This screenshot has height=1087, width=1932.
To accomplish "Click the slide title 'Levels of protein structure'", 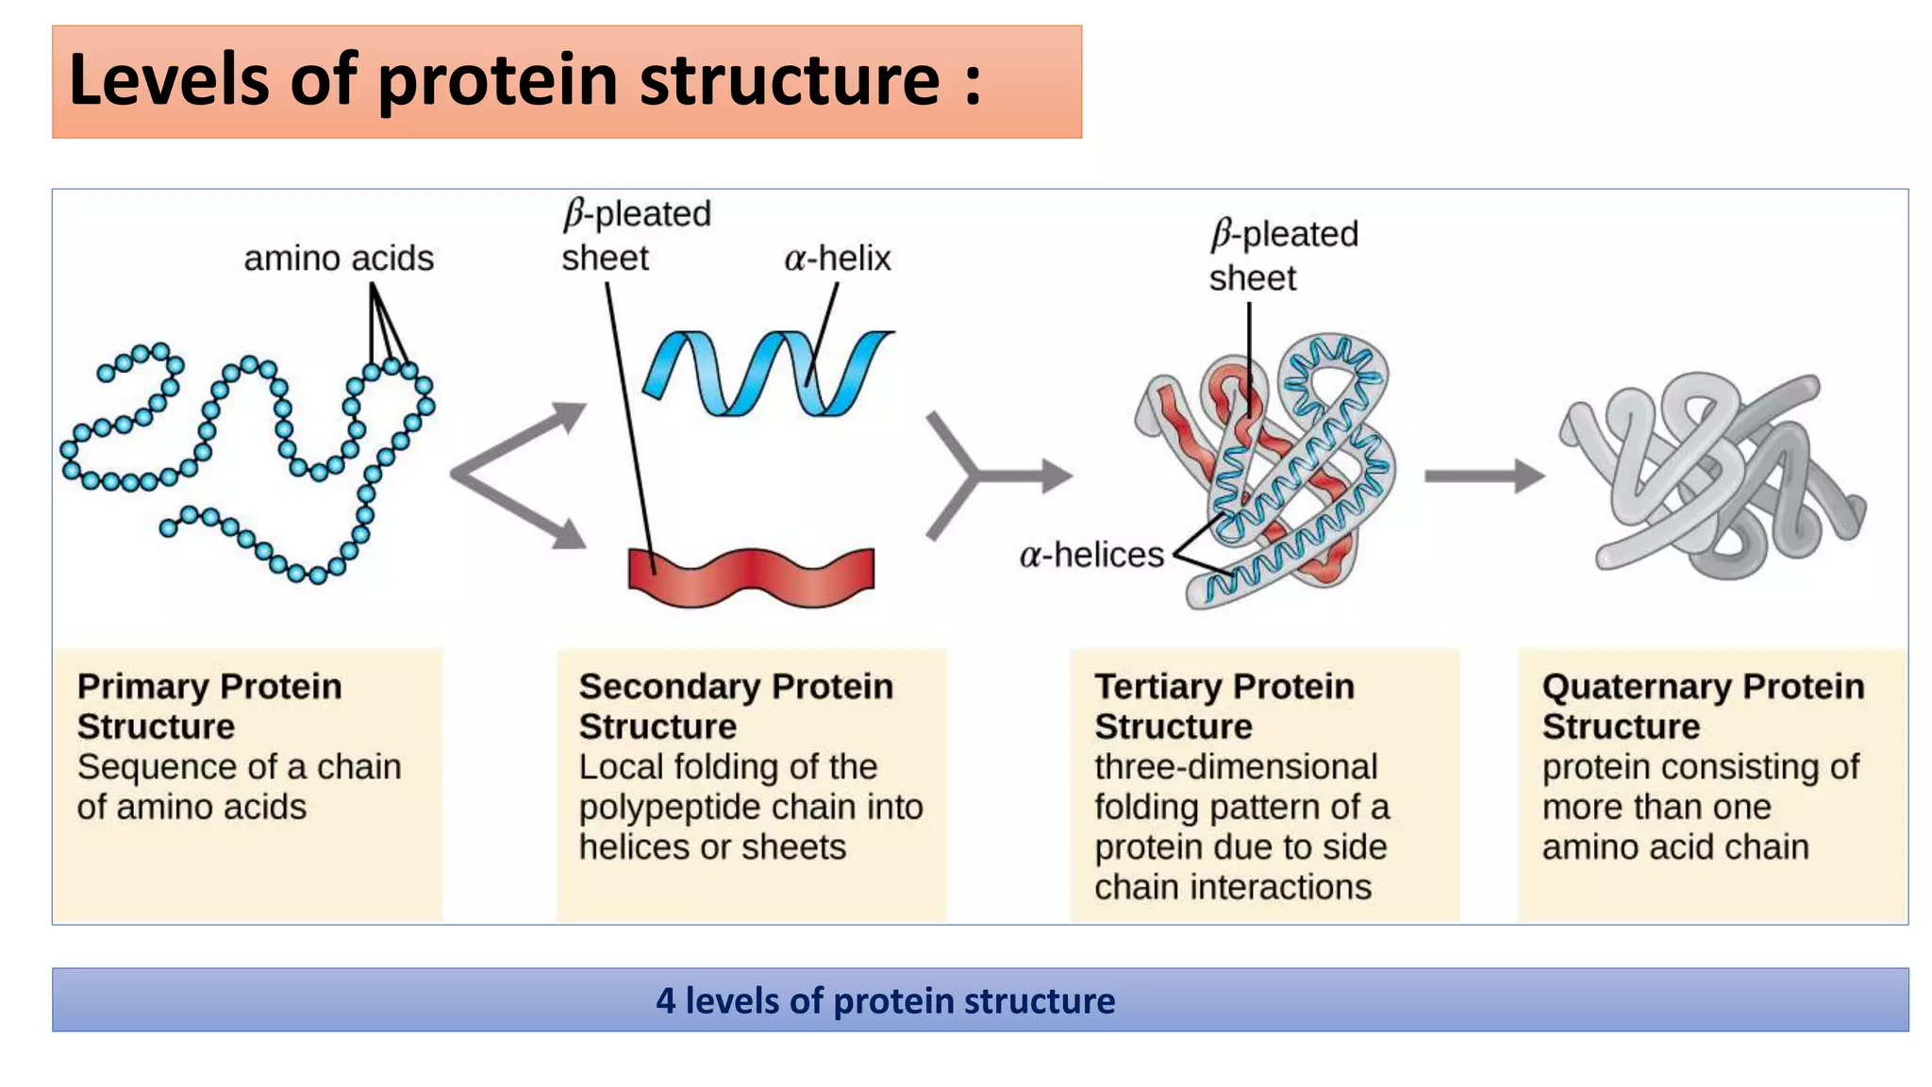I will point(525,80).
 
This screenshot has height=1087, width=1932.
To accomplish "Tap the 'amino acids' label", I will point(339,259).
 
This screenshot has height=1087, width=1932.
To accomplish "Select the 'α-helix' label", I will point(837,259).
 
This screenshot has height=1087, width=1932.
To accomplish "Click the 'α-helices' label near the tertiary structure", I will point(1091,555).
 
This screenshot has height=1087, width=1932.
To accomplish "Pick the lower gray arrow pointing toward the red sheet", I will point(528,514).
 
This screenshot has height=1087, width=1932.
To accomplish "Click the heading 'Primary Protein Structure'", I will point(208,706).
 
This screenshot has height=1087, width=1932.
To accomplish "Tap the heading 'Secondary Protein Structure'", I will point(735,706).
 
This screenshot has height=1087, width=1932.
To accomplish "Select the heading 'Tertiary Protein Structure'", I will point(1224,706).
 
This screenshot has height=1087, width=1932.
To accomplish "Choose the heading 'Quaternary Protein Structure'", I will point(1703,706).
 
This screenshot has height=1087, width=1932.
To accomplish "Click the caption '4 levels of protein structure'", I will point(885,1000).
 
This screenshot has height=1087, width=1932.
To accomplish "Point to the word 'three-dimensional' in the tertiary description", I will point(1236,767).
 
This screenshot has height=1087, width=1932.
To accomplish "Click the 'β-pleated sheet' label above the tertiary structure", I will point(1283,256).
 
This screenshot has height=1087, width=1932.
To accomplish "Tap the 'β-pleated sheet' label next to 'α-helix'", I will point(635,236).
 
